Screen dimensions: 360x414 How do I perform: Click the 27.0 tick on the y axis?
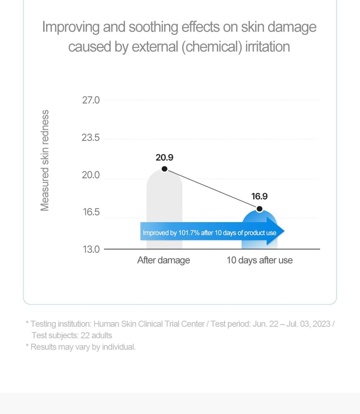tap(91, 100)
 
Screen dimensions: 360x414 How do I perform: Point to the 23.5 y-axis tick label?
tap(91, 138)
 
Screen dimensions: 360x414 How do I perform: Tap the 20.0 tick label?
tap(91, 175)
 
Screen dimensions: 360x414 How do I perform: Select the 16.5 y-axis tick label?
tap(91, 212)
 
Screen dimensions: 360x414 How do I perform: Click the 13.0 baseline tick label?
tap(91, 249)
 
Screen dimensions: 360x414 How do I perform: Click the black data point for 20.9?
tap(165, 169)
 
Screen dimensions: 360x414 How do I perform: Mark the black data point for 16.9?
tap(260, 209)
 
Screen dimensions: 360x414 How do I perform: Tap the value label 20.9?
tap(165, 157)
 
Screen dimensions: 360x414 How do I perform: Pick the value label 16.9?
tap(259, 196)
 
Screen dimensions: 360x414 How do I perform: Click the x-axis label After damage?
tap(163, 261)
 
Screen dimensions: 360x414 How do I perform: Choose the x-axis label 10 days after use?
tap(260, 261)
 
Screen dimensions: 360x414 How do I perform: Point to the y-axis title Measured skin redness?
tap(45, 161)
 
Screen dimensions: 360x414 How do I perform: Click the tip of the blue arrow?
tap(284, 231)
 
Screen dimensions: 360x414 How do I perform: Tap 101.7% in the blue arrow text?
tap(189, 233)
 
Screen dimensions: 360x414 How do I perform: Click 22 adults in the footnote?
tap(96, 335)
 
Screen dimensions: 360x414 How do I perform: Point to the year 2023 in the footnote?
tap(321, 324)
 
